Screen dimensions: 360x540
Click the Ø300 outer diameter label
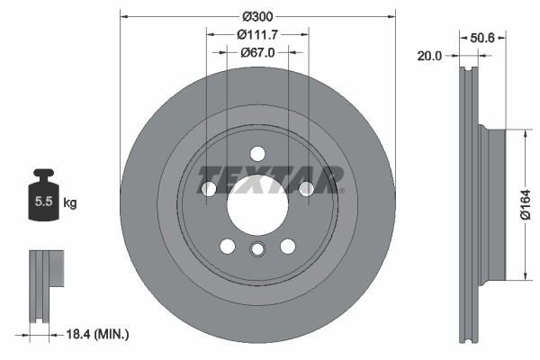(257, 16)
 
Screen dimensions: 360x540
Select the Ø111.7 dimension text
(257, 34)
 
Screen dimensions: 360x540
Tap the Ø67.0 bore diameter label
(257, 52)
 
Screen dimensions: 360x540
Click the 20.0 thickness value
(430, 56)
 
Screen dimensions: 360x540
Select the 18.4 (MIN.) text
(99, 335)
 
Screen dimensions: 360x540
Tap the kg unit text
(70, 203)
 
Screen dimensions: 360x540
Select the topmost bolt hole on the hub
(257, 153)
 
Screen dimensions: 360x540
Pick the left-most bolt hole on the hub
(209, 188)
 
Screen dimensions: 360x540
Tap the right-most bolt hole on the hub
(306, 188)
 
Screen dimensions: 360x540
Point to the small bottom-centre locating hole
(257, 251)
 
